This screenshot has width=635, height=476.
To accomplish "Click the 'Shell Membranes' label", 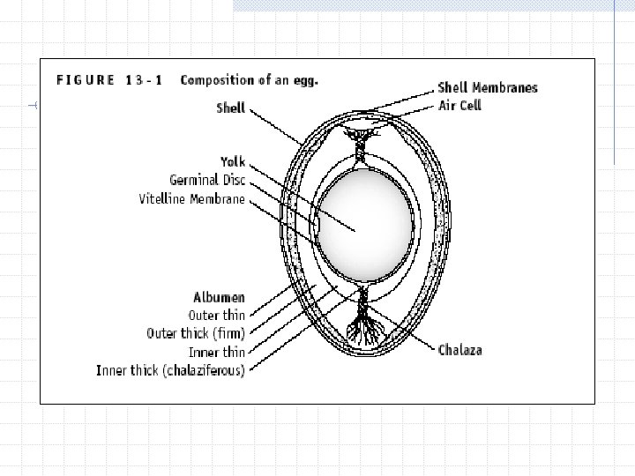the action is point(487,87).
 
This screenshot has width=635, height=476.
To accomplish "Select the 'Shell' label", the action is point(230,108).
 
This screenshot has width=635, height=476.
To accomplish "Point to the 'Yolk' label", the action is point(234,163).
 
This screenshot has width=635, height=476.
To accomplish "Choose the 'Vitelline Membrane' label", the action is point(191,198).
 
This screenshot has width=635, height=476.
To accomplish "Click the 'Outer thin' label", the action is point(217,316).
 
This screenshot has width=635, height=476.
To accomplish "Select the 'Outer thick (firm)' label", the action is point(195,333).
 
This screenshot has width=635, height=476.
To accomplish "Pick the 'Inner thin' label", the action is point(217,352).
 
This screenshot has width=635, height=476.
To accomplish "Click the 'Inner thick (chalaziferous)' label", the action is point(170,370).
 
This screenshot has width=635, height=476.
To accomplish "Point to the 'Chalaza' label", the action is point(460,350).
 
